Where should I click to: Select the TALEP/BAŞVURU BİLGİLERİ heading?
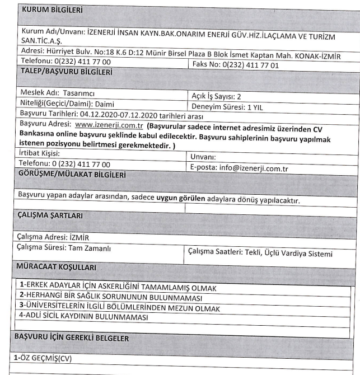[66, 72]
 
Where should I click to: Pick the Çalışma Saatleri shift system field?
[260, 253]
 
